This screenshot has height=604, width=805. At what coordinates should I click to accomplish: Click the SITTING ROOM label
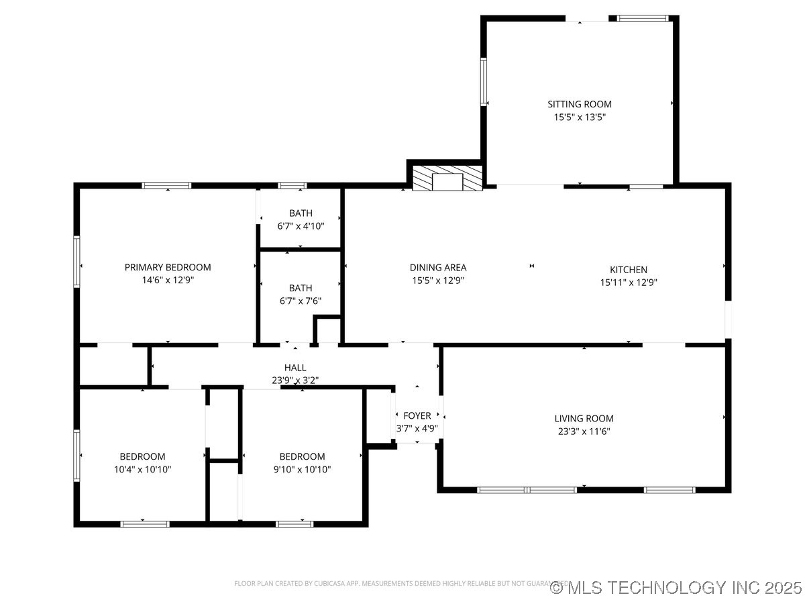click(x=580, y=104)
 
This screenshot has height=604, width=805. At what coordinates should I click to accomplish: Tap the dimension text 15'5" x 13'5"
click(x=580, y=117)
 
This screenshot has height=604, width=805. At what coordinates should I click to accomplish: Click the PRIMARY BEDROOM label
click(x=168, y=267)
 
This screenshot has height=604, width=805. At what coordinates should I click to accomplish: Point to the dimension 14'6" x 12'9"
click(x=168, y=280)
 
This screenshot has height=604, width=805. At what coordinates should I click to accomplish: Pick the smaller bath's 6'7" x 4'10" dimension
click(x=301, y=226)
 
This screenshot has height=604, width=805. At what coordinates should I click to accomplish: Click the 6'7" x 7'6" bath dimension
click(x=301, y=301)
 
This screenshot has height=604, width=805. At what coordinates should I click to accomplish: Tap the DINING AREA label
click(x=438, y=268)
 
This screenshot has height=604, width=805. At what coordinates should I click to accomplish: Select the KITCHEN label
click(x=629, y=270)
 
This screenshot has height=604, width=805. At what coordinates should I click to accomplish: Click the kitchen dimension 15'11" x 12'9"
click(x=629, y=283)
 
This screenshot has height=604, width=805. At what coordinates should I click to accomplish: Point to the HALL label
click(x=295, y=368)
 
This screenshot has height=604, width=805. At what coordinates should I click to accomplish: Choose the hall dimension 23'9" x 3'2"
click(x=295, y=380)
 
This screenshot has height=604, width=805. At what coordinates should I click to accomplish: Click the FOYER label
click(x=417, y=416)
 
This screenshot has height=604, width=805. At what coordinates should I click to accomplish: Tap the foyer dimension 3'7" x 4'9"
click(x=417, y=429)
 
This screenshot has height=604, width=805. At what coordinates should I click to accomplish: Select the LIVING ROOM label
click(x=584, y=419)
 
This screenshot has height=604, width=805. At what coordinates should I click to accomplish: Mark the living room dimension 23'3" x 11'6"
click(x=584, y=432)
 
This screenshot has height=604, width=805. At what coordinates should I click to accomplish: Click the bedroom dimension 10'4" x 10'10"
click(x=142, y=469)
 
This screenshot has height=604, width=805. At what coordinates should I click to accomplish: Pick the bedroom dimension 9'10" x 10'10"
click(x=302, y=469)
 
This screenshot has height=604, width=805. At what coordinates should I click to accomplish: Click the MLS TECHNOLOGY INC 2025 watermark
click(x=676, y=588)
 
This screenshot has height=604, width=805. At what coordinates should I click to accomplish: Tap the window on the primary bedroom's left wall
click(x=77, y=262)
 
